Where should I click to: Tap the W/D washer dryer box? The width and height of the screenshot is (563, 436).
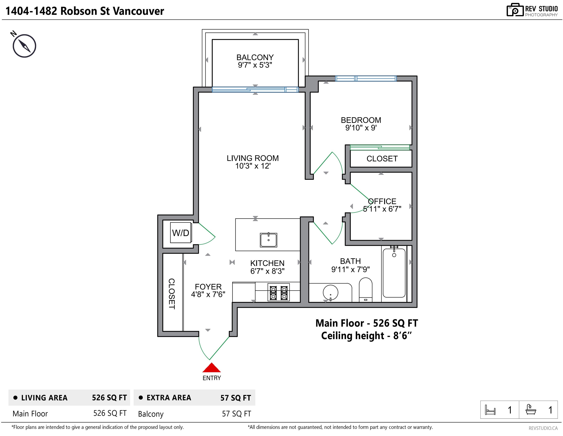pyautogui.click(x=181, y=233)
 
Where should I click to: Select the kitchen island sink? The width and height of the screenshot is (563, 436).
pyautogui.click(x=268, y=240)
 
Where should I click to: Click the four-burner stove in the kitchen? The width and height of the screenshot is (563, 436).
pyautogui.click(x=279, y=292)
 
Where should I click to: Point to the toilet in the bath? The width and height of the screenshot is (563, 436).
pyautogui.click(x=365, y=290)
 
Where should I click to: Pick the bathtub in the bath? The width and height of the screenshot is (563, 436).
pyautogui.click(x=394, y=273)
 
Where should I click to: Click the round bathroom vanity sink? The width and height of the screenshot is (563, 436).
pyautogui.click(x=330, y=293)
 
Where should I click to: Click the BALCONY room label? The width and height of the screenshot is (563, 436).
pyautogui.click(x=255, y=57)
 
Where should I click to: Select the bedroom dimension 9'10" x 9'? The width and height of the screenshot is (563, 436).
pyautogui.click(x=361, y=128)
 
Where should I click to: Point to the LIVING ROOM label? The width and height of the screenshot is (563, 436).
pyautogui.click(x=253, y=158)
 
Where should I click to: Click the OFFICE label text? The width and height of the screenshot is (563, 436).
pyautogui.click(x=382, y=201)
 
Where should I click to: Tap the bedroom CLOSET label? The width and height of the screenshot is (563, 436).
pyautogui.click(x=382, y=159)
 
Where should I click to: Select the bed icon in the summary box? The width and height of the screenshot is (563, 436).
pyautogui.click(x=490, y=410)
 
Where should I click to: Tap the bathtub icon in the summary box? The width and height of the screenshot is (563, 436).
pyautogui.click(x=531, y=410)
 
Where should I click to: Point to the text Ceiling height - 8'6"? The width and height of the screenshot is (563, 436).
pyautogui.click(x=366, y=336)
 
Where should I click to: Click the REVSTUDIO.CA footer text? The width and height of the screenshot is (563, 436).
pyautogui.click(x=543, y=428)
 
